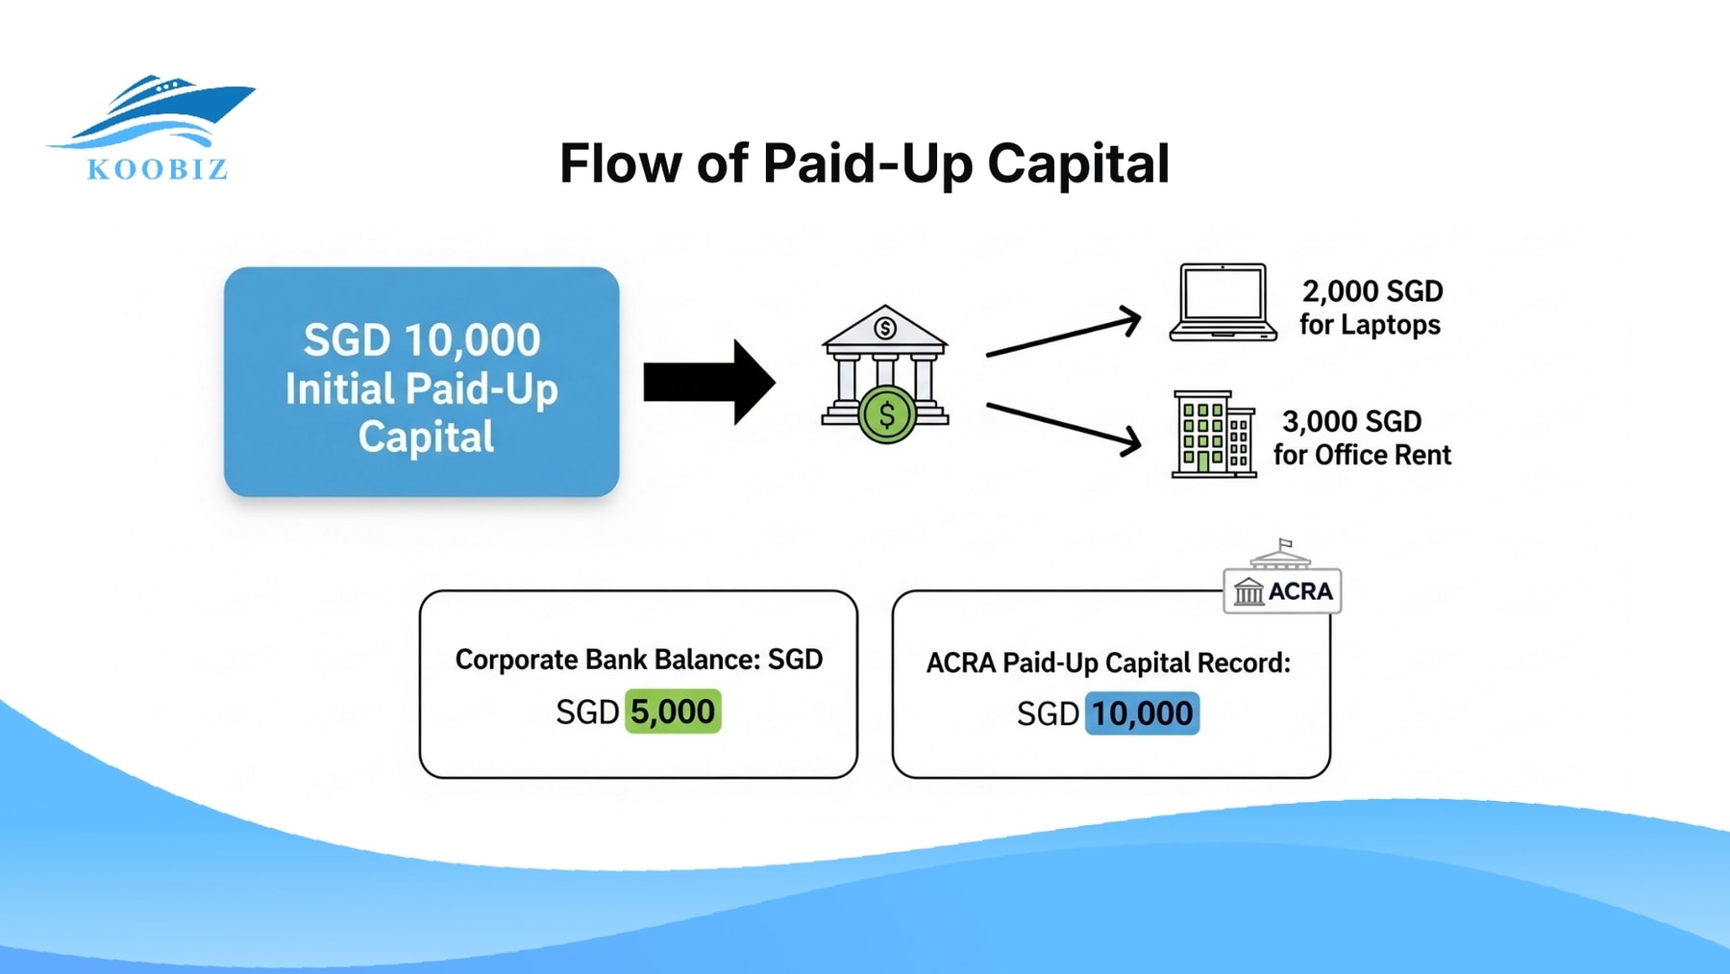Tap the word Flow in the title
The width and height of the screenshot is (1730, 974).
[621, 163]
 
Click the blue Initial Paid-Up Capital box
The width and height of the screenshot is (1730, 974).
[421, 382]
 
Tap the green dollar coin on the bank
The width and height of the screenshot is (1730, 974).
[886, 415]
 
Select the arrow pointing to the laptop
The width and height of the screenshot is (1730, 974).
[1063, 336]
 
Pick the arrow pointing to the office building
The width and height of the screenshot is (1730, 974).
[1063, 426]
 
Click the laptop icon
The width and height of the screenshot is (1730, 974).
[1223, 302]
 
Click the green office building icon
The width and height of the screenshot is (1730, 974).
[1213, 435]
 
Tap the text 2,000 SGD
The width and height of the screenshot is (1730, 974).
[1372, 291]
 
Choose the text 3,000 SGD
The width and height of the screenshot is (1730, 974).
[1351, 421]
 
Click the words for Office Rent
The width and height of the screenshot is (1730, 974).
[1362, 455]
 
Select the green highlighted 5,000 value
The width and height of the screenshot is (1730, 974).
[673, 712]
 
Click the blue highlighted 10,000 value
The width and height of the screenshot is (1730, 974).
[1142, 714]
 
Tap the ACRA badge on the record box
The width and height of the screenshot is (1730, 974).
[1282, 588]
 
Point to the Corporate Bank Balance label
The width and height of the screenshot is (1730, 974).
[638, 660]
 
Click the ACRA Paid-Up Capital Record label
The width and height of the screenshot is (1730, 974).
[1108, 663]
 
